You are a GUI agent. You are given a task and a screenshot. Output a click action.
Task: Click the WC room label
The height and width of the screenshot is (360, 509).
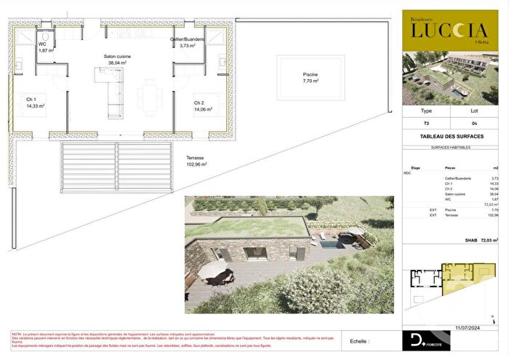point(42,44)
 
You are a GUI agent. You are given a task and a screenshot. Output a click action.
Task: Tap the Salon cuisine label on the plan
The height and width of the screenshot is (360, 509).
point(117,55)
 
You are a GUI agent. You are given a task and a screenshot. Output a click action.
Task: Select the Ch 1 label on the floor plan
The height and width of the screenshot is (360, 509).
point(31,99)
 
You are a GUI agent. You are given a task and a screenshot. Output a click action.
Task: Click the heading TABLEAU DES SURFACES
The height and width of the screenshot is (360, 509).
point(454,137)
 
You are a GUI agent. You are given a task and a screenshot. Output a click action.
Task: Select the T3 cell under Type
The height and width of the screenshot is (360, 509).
point(426,124)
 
